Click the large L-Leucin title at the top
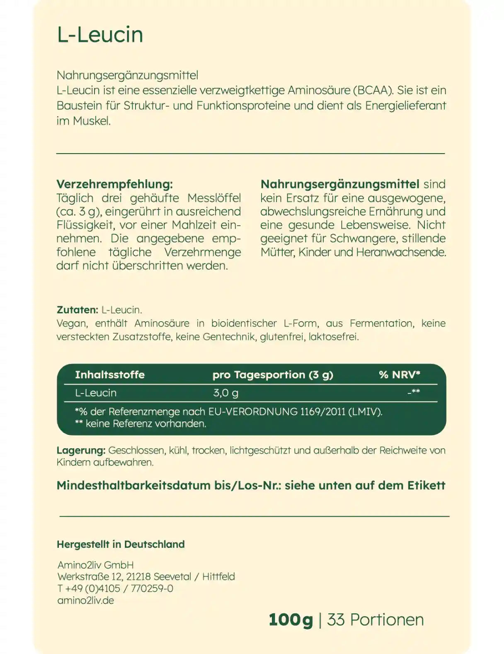point(100,34)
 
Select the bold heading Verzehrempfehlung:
point(114,184)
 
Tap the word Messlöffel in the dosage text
point(214,198)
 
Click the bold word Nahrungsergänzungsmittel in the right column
point(340,184)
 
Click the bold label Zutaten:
point(77,310)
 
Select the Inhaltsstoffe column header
point(110,375)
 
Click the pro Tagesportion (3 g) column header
point(273,375)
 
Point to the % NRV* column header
point(400,375)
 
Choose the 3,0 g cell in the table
point(225,393)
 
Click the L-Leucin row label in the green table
point(96,393)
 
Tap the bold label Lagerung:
point(81,450)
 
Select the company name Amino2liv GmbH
point(95,565)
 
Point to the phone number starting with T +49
point(115,588)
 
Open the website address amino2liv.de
point(85,600)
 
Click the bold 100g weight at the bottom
point(291,620)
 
